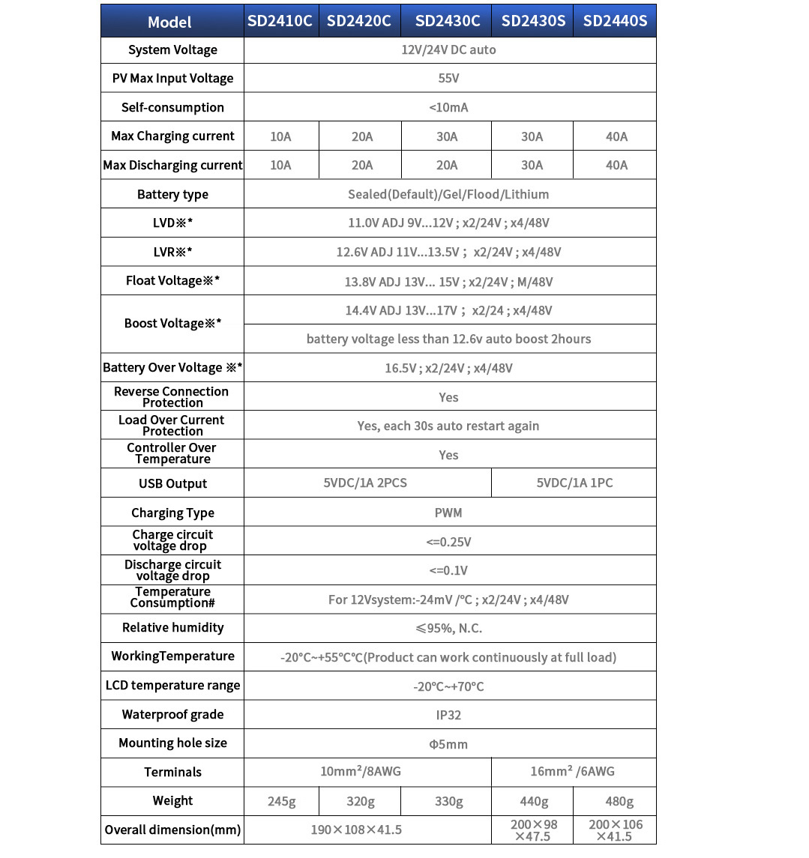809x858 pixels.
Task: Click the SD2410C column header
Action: click(280, 21)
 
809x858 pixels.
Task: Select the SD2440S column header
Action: click(615, 21)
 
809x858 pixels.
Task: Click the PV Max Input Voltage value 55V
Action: click(448, 78)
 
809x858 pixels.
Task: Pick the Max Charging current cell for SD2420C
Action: click(361, 136)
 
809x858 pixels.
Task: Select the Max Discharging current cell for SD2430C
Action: click(447, 165)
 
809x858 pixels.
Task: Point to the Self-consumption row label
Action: click(172, 107)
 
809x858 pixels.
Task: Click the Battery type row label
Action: click(172, 194)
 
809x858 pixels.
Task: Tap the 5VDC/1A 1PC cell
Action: click(574, 483)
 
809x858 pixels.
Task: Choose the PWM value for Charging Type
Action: click(448, 513)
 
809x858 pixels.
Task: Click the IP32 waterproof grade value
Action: click(448, 715)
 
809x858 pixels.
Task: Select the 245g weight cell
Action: click(282, 801)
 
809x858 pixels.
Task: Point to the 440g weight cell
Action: click(533, 801)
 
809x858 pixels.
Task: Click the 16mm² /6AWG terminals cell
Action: click(574, 771)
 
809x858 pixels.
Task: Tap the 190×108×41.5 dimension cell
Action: click(356, 830)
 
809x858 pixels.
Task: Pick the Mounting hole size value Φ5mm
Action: click(448, 744)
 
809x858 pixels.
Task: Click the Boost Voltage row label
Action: click(172, 324)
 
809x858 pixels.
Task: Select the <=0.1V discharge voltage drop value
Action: click(448, 570)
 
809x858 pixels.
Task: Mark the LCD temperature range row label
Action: click(172, 686)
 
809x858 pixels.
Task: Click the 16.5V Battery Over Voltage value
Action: click(448, 368)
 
